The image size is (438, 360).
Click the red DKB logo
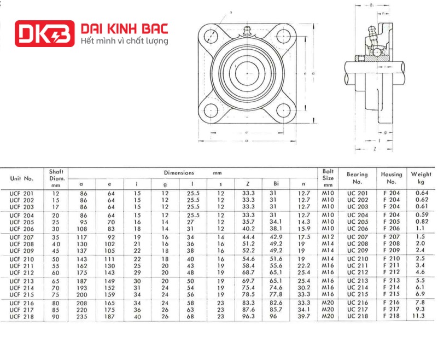tap(45, 33)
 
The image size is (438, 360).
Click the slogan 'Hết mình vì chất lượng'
tap(125, 41)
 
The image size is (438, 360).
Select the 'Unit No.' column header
tap(21, 178)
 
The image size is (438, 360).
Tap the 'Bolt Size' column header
tap(328, 178)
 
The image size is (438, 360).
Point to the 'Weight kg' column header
tap(421, 178)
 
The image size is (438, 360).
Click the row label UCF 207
tap(21, 237)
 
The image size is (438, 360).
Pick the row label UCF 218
tap(21, 317)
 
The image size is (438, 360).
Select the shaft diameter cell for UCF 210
tap(56, 259)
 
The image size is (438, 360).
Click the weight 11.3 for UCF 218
tap(418, 316)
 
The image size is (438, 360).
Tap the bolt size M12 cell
tap(328, 237)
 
